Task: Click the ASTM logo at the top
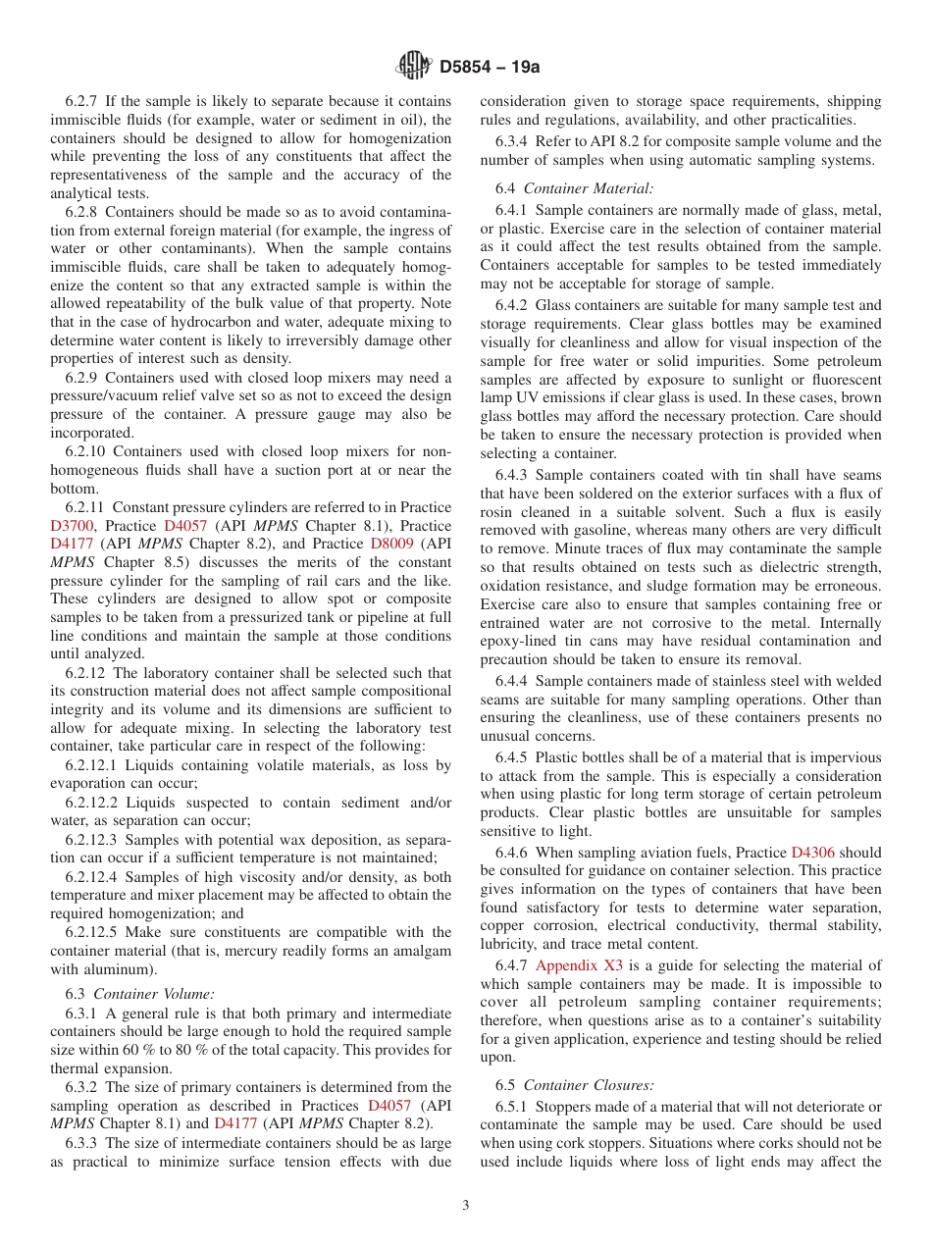[414, 67]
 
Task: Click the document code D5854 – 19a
[490, 68]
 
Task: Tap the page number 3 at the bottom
[466, 1206]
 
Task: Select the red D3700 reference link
[72, 526]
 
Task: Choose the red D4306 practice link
[812, 853]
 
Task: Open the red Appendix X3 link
[579, 965]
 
